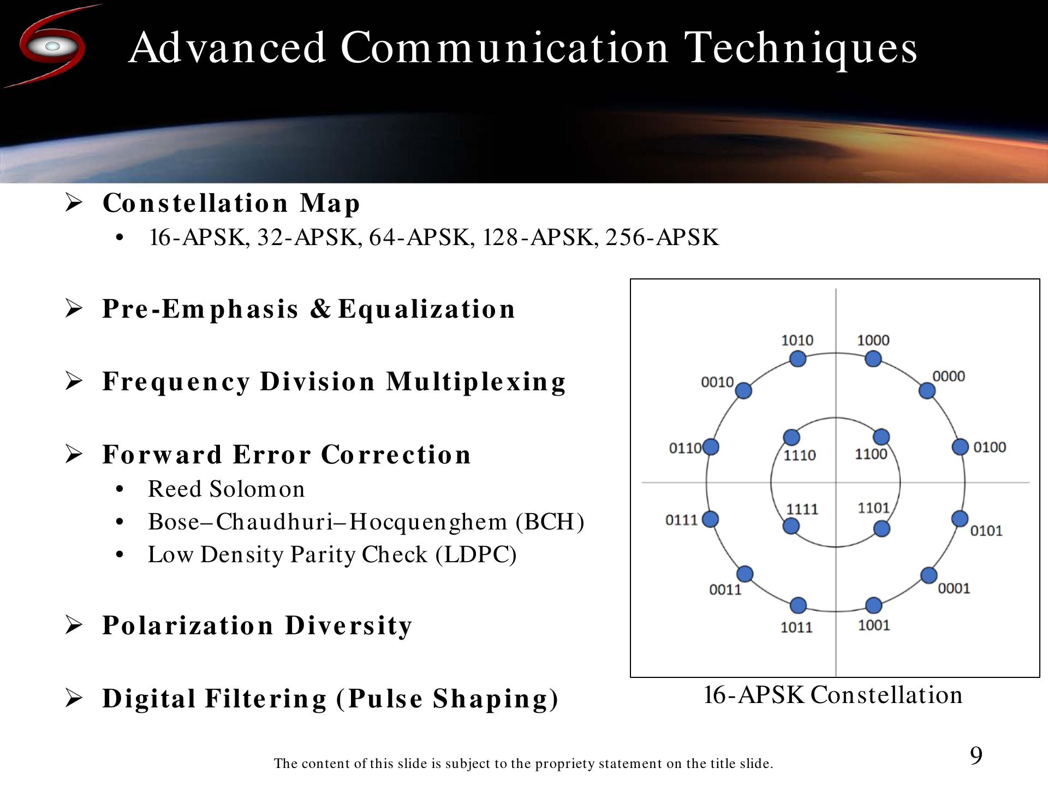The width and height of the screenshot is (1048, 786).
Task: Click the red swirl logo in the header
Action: point(52,46)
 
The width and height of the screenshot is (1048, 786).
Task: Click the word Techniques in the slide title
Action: point(801,48)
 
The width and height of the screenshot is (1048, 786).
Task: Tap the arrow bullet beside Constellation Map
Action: point(74,203)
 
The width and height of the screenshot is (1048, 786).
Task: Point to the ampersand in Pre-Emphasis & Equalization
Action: point(321,308)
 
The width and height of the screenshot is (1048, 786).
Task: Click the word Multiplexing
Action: point(476,382)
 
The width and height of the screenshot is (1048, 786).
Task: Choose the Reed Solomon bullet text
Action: point(227,489)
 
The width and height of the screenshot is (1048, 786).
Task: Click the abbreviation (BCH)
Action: point(550,522)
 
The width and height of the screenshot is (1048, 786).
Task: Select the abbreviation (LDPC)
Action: point(476,555)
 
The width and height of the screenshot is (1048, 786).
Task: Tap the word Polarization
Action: point(188,626)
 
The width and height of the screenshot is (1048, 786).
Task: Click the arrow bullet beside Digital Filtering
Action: point(74,698)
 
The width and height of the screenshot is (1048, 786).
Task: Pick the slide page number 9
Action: point(976,755)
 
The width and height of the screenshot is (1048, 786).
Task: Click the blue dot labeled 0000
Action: point(927,391)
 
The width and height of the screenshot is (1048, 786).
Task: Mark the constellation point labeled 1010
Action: point(798,359)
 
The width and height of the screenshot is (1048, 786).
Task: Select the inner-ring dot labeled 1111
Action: point(791,526)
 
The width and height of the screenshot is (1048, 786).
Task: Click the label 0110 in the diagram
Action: point(685,448)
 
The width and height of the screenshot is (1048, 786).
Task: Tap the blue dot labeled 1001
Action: point(874,605)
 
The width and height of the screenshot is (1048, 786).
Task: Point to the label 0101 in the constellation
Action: point(986,531)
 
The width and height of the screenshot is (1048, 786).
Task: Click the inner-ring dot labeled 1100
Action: point(882,437)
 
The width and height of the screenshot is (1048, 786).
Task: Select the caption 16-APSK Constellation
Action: point(833,695)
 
